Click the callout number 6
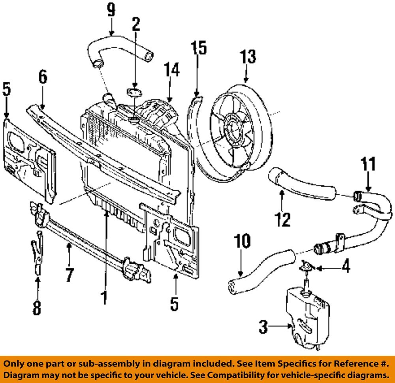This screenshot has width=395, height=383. (x=43, y=77)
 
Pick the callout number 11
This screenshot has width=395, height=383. (x=368, y=165)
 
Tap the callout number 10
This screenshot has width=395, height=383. (x=243, y=241)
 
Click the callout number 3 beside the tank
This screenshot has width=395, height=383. (x=264, y=327)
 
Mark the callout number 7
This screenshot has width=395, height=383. (x=69, y=274)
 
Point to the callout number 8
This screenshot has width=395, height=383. (x=36, y=308)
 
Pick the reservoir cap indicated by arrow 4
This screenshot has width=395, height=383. (x=307, y=266)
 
